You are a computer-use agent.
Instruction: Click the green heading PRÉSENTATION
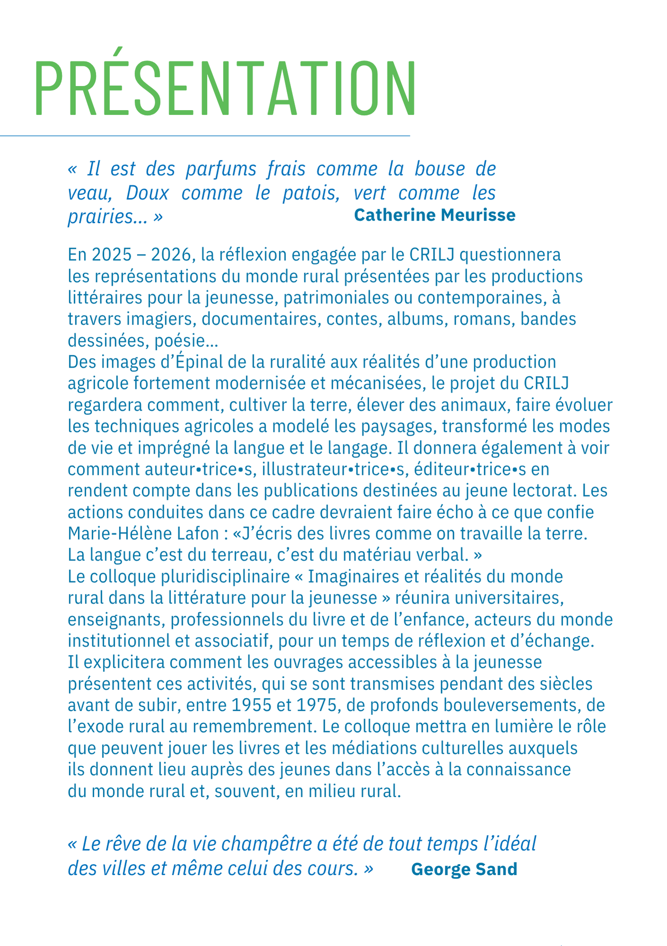pyautogui.click(x=225, y=88)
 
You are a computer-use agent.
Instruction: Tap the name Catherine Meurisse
pyautogui.click(x=434, y=215)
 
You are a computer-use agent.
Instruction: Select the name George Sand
pyautogui.click(x=464, y=869)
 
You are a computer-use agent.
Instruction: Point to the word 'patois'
pyautogui.click(x=311, y=193)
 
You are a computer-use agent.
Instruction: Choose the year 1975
pyautogui.click(x=318, y=705)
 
